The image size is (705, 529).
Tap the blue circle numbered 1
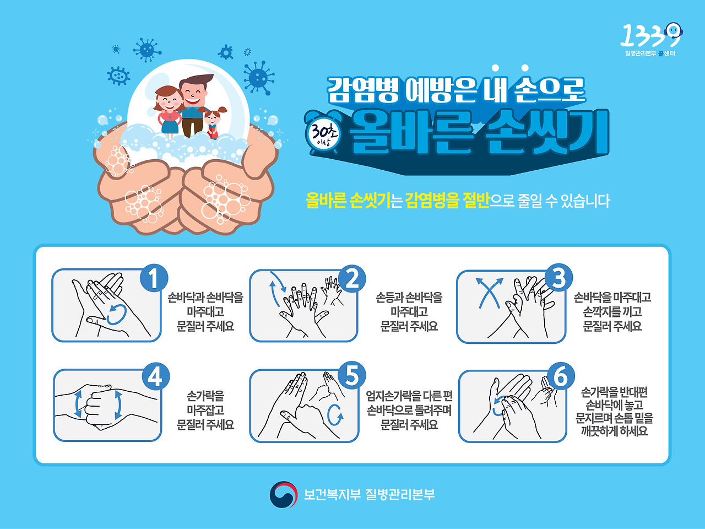[x=154, y=278]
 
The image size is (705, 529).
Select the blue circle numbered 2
[x=352, y=278]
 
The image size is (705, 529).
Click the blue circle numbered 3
[x=558, y=278]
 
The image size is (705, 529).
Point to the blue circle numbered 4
[x=155, y=377]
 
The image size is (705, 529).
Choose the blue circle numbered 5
[x=352, y=376]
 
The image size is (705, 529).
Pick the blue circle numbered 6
[x=560, y=377]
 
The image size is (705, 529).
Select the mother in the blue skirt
[x=169, y=110]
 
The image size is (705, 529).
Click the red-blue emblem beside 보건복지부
[x=283, y=495]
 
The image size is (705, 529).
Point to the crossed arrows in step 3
[x=489, y=293]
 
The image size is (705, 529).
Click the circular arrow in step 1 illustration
[x=117, y=315]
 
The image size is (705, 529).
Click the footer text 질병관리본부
[x=400, y=494]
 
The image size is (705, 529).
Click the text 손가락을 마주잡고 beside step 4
[x=205, y=403]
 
